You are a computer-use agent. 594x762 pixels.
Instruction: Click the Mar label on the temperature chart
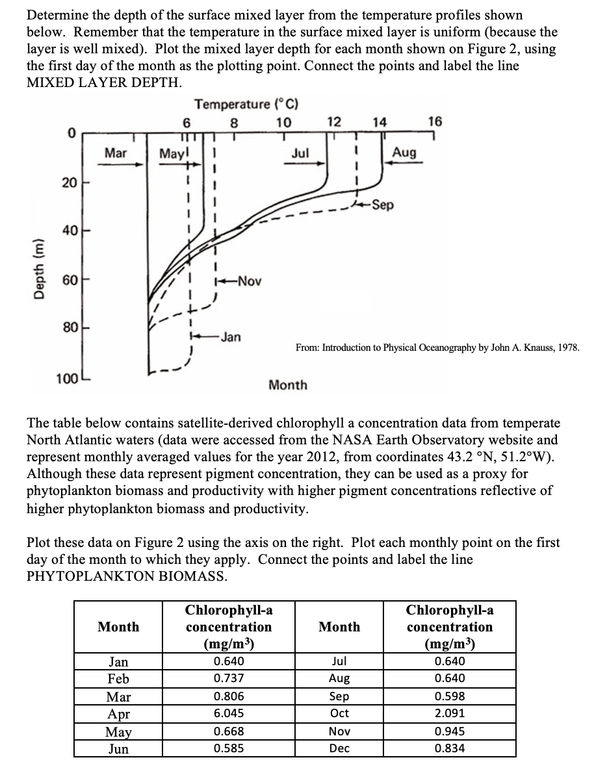tap(116, 153)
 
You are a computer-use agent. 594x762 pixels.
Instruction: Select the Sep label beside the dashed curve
tap(383, 205)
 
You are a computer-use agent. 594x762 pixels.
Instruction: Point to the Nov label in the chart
tap(249, 281)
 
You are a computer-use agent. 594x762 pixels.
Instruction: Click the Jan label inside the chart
tap(230, 337)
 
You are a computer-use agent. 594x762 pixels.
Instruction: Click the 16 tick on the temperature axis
tap(435, 121)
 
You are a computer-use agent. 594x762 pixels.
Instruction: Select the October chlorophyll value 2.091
tap(450, 713)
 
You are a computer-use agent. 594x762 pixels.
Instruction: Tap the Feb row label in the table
tap(118, 679)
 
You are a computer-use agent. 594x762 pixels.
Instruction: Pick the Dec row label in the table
tap(339, 748)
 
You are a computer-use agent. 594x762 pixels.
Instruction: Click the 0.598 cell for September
tap(450, 696)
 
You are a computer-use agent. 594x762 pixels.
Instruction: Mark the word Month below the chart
tap(288, 385)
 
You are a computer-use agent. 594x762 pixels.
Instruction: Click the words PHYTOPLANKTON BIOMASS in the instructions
tap(127, 576)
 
